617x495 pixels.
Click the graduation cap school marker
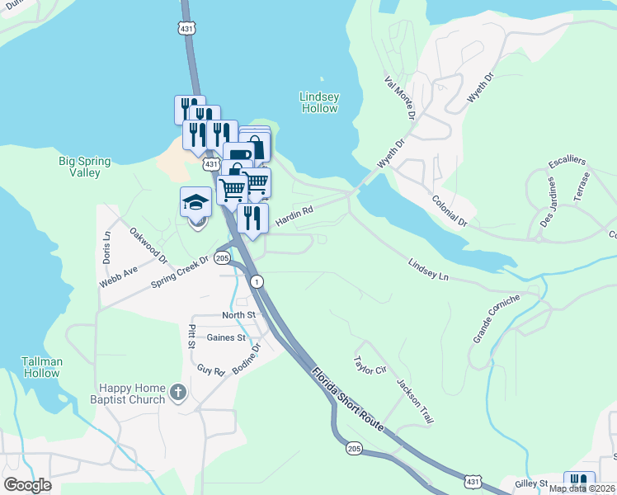(x=196, y=202)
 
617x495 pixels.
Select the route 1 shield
(x=258, y=282)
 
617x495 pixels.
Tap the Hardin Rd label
(x=294, y=217)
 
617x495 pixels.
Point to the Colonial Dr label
(x=450, y=211)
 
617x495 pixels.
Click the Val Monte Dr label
(x=398, y=97)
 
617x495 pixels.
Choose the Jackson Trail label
(x=415, y=402)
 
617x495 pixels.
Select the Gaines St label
(x=226, y=337)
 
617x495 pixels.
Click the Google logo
(x=27, y=485)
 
